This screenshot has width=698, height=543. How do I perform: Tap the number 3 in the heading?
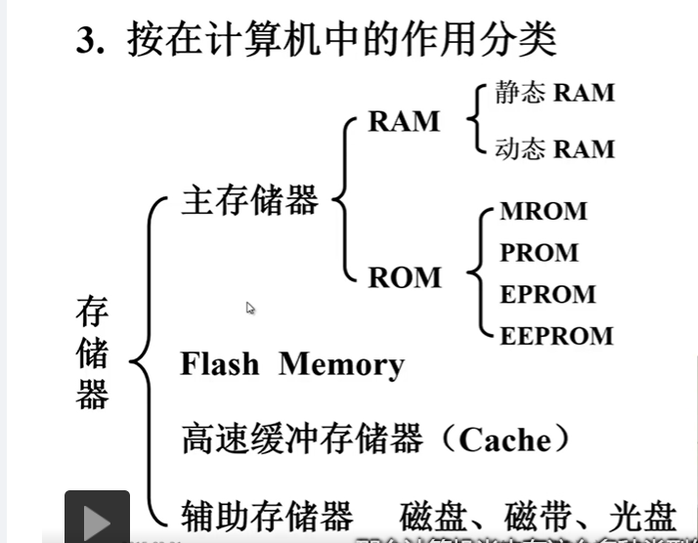(87, 42)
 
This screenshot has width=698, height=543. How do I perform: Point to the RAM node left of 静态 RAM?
(404, 121)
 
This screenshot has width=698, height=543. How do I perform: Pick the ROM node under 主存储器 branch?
(405, 277)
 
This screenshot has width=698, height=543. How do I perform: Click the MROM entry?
(544, 211)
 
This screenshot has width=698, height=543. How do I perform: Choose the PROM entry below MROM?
(540, 252)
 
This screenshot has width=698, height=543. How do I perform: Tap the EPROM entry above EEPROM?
(547, 294)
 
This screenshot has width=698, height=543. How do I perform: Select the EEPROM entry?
(556, 336)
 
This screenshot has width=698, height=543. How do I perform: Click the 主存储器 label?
(249, 201)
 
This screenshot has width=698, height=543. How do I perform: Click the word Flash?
(220, 364)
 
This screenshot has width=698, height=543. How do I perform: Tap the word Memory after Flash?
(341, 364)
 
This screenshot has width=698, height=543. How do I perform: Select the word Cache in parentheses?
(504, 439)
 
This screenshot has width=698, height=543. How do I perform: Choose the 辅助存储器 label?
(266, 515)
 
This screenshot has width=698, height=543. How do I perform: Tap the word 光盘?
(642, 515)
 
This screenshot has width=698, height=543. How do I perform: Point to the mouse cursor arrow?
(250, 309)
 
